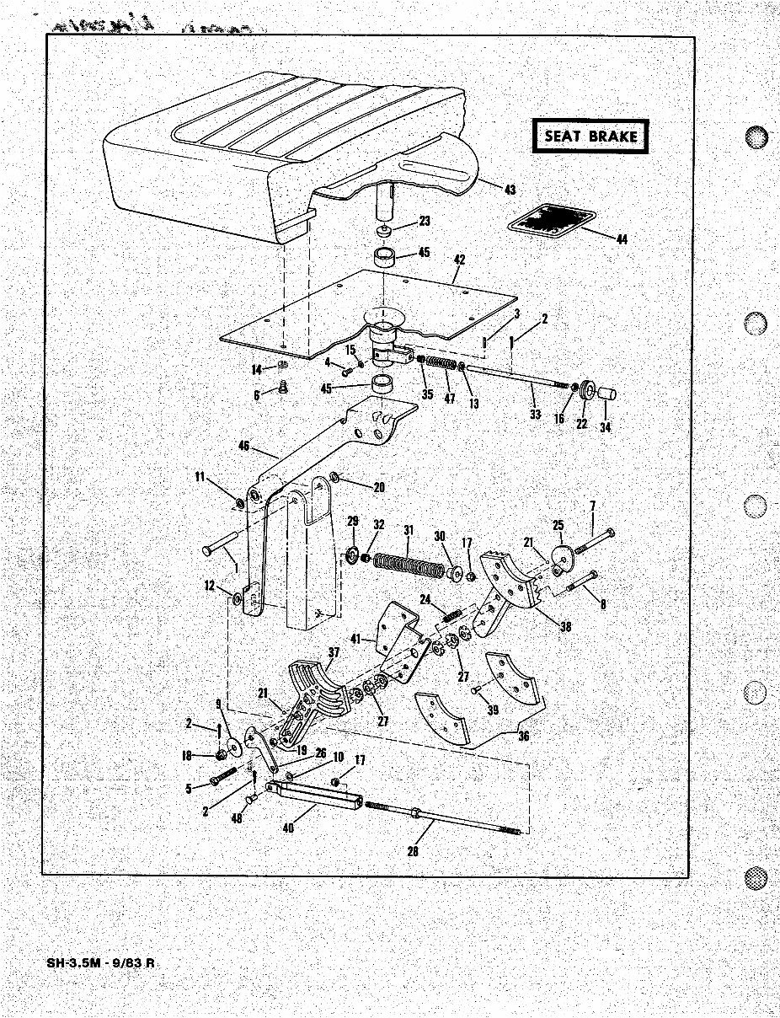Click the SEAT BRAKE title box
(x=591, y=137)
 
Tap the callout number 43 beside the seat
(x=510, y=190)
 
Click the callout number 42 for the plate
(x=459, y=260)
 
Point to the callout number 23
(x=424, y=222)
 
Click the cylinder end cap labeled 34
(x=609, y=394)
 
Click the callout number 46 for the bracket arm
(x=244, y=446)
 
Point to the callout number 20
(x=378, y=486)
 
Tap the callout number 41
(x=355, y=640)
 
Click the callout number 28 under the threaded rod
(x=412, y=851)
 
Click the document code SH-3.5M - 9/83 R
(x=94, y=964)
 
